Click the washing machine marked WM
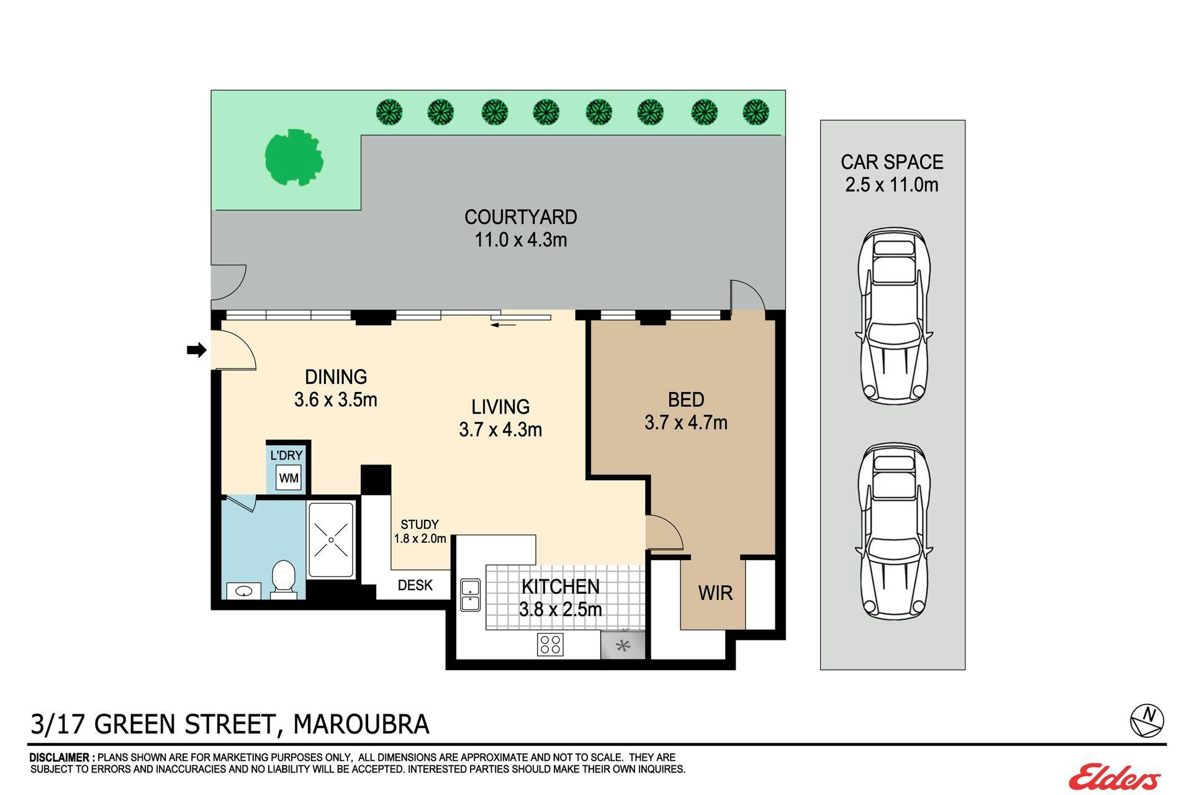tap(289, 478)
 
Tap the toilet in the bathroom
tap(283, 579)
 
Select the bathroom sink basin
tap(243, 590)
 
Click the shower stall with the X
tap(331, 540)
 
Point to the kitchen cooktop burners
tap(550, 644)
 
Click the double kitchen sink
tap(470, 594)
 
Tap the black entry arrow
tap(196, 350)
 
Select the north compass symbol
tap(1147, 720)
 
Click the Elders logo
tap(1114, 776)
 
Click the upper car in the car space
tap(894, 316)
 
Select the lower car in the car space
tap(894, 531)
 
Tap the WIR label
tap(715, 593)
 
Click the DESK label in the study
tap(415, 585)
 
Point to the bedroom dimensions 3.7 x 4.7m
tap(686, 422)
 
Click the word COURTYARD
tap(521, 217)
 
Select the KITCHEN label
tap(561, 586)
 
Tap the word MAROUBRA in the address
tap(361, 724)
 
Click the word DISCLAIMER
tap(62, 758)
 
